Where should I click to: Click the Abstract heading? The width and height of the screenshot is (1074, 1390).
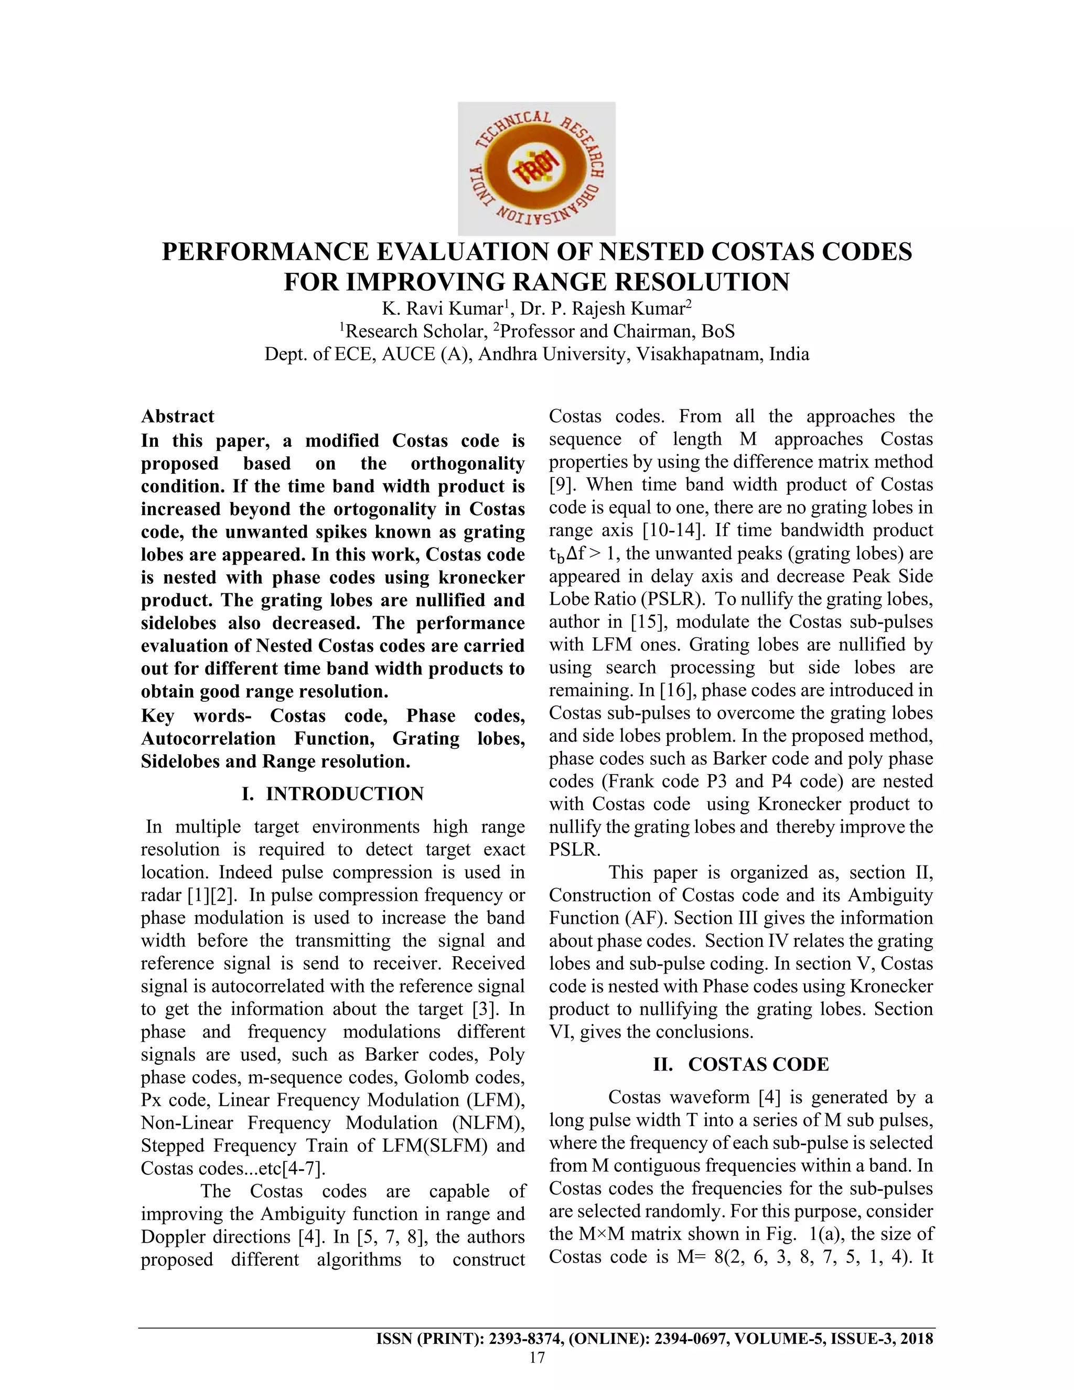click(x=178, y=416)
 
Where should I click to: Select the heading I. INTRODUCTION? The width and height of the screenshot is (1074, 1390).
click(x=333, y=794)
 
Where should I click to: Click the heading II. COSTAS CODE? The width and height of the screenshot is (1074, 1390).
click(x=740, y=1064)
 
